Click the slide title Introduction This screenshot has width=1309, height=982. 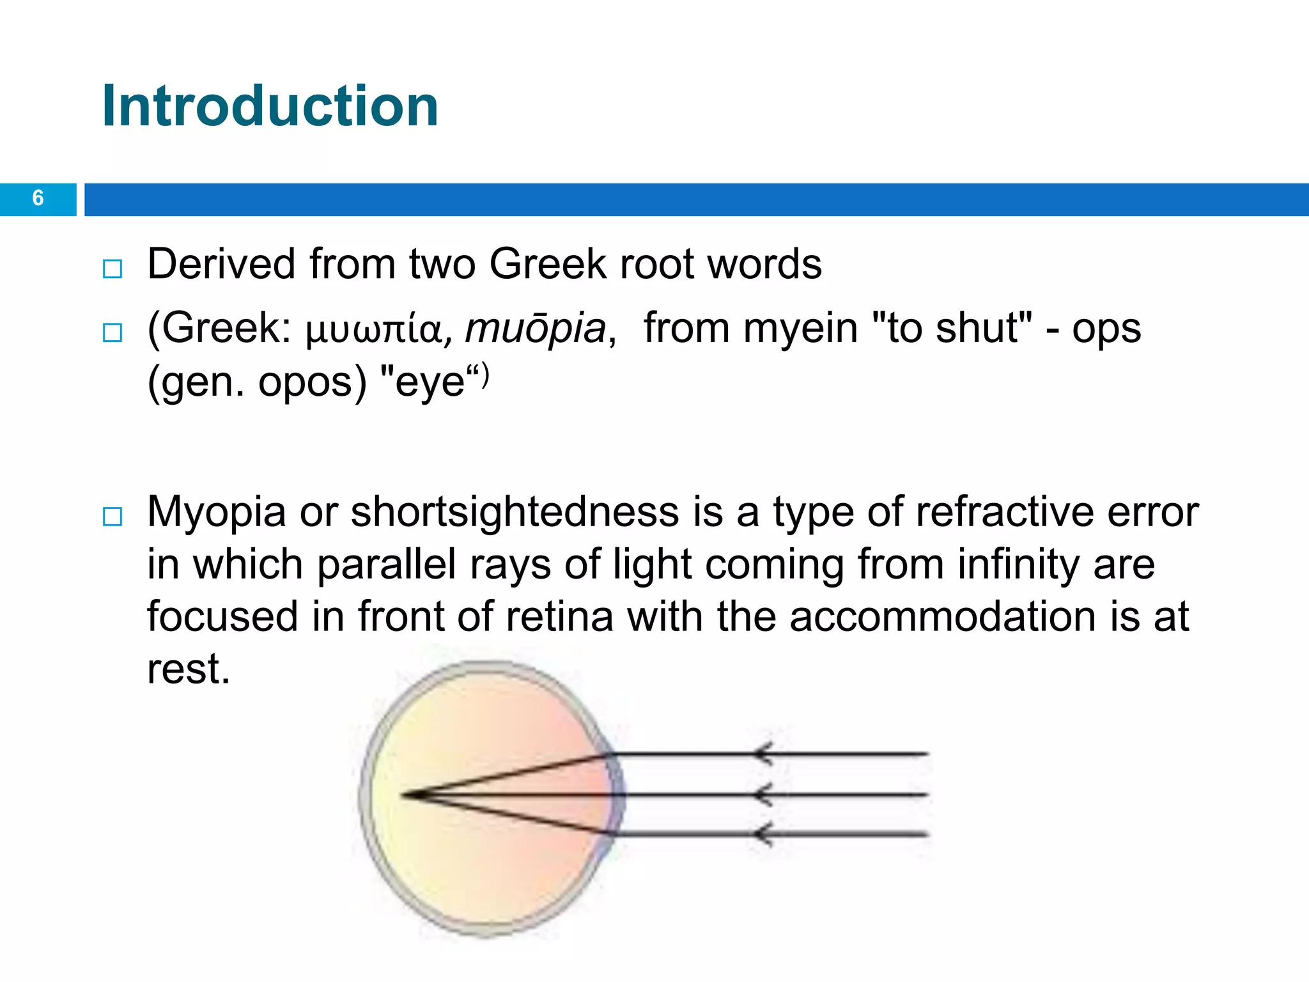pos(270,106)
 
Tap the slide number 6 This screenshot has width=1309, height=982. pos(38,198)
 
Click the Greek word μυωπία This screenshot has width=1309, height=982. pos(374,331)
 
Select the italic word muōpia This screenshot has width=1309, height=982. pos(535,329)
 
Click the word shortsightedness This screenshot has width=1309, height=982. pos(515,512)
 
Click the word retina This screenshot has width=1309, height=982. pos(559,617)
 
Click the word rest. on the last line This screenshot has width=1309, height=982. pos(188,669)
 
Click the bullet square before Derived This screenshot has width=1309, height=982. pos(112,269)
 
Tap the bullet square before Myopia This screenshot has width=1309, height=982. pos(112,517)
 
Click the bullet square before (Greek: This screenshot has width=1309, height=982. pos(112,332)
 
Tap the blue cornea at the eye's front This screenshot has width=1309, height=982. pos(617,795)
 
